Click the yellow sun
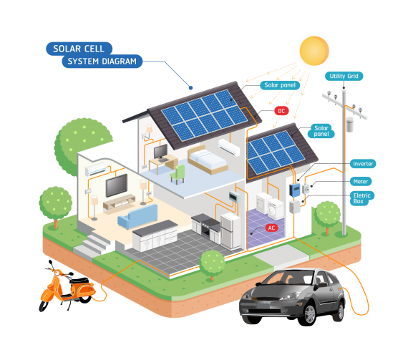(x=314, y=51)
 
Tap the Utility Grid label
(x=344, y=76)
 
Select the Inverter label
(x=363, y=164)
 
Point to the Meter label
(x=361, y=182)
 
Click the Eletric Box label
(x=362, y=198)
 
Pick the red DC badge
(x=281, y=111)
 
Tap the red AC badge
(x=271, y=228)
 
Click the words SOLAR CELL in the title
(x=79, y=49)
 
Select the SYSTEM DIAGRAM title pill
(x=102, y=62)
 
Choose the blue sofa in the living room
(x=137, y=216)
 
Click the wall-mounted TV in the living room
(x=117, y=185)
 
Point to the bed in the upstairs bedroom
(x=208, y=160)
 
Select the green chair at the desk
(x=178, y=174)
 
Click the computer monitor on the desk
(x=161, y=152)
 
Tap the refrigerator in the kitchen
(x=230, y=231)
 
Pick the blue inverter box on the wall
(x=295, y=190)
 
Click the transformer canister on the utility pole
(x=350, y=125)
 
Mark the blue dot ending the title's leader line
(x=190, y=88)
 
